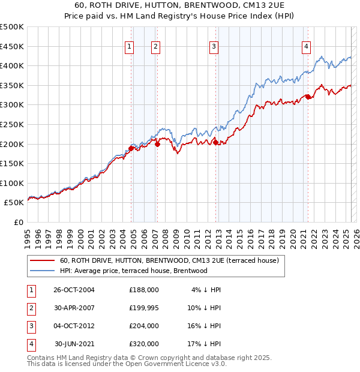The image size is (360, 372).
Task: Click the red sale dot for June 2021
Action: point(308,97)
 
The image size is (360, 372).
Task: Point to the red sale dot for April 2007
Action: point(157,144)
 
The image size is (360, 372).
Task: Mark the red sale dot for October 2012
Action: point(215,142)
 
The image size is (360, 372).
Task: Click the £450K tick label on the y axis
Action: point(12,46)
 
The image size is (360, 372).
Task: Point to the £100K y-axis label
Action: point(12,183)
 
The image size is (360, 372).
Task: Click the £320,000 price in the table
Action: point(144,344)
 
